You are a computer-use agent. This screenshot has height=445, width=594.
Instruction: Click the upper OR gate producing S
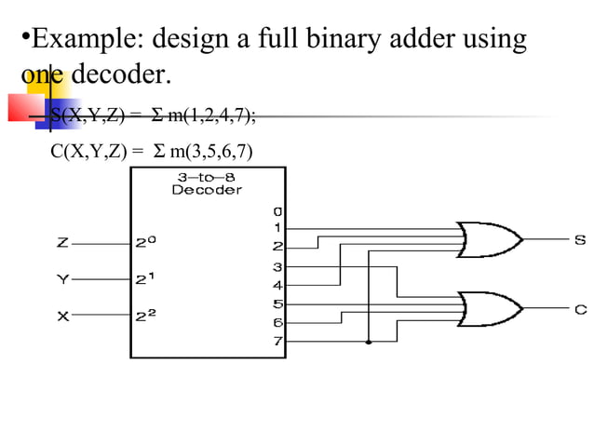click(489, 240)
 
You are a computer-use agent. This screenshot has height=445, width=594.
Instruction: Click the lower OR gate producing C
click(489, 307)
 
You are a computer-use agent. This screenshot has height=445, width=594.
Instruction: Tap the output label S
click(580, 241)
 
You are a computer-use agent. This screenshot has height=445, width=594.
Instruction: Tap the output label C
click(580, 309)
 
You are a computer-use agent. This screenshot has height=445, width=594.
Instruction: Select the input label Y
click(61, 278)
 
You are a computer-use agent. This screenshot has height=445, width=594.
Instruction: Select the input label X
click(61, 316)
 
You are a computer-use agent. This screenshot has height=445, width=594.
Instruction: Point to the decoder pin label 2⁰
click(146, 242)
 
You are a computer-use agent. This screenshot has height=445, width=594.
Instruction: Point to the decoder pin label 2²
click(146, 316)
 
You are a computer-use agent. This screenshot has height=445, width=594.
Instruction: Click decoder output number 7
click(277, 342)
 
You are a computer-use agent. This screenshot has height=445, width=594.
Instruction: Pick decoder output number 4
click(277, 285)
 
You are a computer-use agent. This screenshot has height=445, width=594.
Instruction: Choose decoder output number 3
click(277, 267)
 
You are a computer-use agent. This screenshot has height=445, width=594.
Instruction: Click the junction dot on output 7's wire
click(370, 343)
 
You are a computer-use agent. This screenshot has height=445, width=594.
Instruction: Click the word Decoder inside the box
click(207, 190)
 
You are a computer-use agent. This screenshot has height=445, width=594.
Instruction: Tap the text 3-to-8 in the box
click(207, 176)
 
